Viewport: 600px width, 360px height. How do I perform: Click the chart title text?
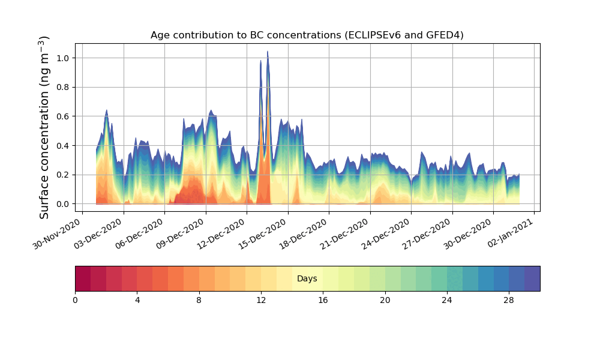[307, 35]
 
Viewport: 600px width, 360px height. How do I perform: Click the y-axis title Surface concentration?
[44, 127]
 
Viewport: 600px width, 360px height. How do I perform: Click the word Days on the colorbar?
[307, 279]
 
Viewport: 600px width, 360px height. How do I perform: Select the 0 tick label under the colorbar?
[75, 300]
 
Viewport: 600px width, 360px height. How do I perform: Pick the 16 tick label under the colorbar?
[323, 300]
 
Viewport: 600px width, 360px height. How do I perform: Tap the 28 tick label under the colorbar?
[509, 300]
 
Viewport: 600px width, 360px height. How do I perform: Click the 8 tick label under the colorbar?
[199, 300]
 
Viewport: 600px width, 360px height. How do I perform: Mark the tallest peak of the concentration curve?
[268, 52]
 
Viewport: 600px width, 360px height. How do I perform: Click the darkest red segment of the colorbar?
[83, 278]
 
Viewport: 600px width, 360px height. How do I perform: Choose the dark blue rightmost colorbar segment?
[532, 278]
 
